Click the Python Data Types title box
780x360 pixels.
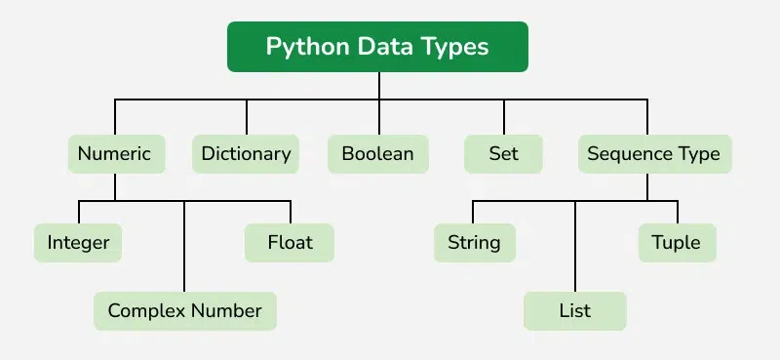(x=377, y=47)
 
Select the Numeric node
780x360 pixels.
(x=114, y=154)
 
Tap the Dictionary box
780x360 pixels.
(x=246, y=154)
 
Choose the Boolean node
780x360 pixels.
(x=377, y=154)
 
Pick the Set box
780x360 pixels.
(x=503, y=154)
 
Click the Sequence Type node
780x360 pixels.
(x=653, y=154)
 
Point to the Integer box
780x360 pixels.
(x=78, y=242)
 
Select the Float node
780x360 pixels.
(x=289, y=242)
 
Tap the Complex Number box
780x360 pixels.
(x=184, y=311)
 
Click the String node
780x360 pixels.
(x=474, y=242)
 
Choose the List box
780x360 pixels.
(x=575, y=311)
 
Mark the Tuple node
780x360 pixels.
(x=676, y=242)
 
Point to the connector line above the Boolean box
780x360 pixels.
(x=377, y=117)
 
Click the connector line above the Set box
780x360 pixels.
(x=503, y=117)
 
